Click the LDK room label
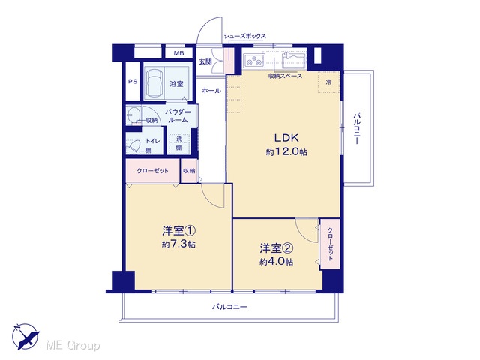pos(286,138)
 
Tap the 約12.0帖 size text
pos(286,151)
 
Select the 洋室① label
pos(178,230)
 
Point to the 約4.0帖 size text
pos(277,262)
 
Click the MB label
pos(179,53)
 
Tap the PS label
pos(133,82)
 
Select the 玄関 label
pos(205,61)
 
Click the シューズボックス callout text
pos(245,36)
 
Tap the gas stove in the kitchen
pos(253,60)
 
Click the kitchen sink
pos(293,60)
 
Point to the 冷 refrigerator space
pos(328,82)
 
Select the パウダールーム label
pos(178,115)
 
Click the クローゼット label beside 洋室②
pos(330,244)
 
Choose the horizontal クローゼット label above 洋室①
pos(152,171)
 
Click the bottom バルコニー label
pos(229,307)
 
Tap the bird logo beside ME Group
pos(26,336)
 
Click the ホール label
pos(211,91)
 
